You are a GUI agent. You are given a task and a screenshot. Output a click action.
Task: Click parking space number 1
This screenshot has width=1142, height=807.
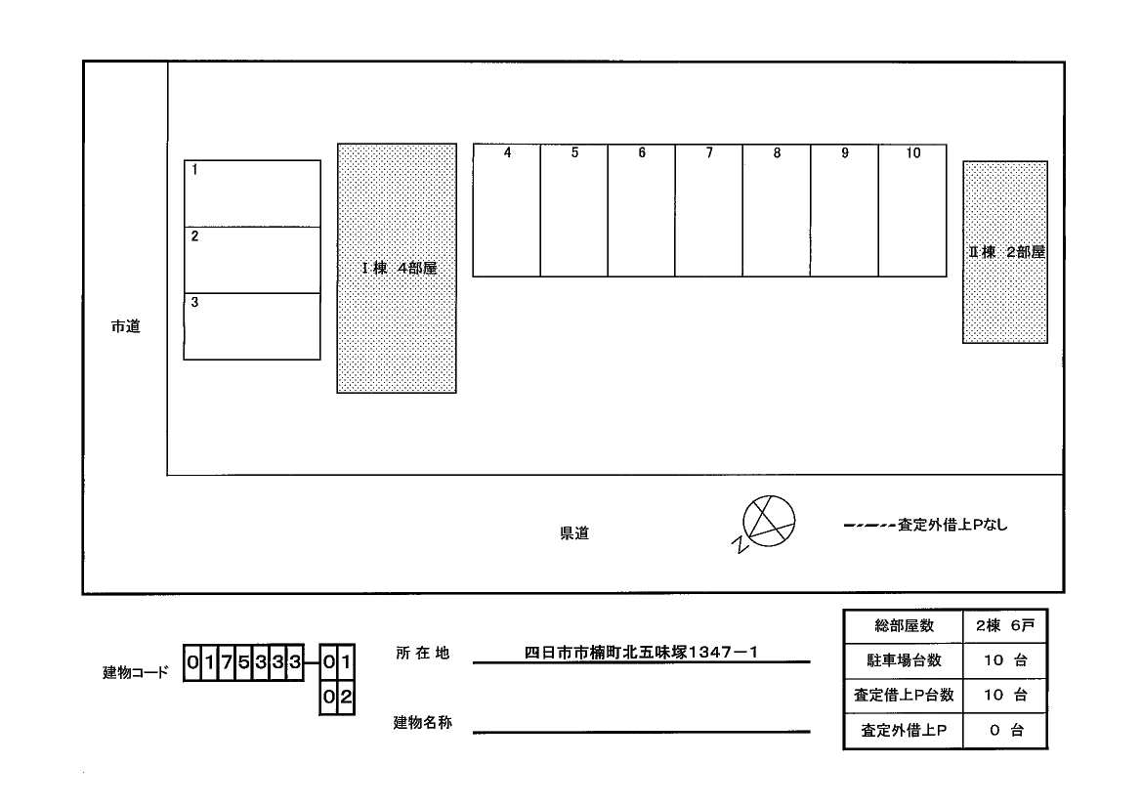coord(252,193)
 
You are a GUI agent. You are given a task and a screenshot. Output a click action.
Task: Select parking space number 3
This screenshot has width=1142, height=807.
coord(252,326)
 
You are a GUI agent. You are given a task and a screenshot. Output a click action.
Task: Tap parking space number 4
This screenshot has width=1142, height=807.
coord(507,210)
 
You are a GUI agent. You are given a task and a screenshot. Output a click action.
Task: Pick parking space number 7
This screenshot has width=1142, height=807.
coord(708,210)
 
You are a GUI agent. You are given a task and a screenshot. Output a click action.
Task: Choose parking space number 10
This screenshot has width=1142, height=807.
coord(912,210)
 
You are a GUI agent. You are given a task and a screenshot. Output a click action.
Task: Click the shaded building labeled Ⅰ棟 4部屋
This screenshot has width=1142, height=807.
coord(397,269)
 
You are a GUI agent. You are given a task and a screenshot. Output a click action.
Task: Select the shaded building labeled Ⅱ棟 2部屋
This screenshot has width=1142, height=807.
coord(1005,252)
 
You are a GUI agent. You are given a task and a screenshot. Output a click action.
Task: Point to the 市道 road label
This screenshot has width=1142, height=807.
coord(125,327)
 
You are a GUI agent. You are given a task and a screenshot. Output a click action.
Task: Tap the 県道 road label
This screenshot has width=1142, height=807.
coord(574,533)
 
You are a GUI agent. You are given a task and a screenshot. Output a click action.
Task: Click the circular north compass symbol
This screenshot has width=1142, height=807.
coord(769,520)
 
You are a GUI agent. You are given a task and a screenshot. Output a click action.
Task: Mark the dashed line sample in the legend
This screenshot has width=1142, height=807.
coord(868,526)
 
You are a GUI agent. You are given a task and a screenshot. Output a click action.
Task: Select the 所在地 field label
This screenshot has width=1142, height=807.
coord(423,653)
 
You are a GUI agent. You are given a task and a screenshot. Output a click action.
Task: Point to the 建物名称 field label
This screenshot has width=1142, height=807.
coord(423,723)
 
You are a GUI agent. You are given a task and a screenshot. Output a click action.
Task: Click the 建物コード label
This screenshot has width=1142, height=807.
coord(136,672)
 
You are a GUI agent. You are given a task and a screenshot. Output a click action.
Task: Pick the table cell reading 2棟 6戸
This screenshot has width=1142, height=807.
coord(1004,625)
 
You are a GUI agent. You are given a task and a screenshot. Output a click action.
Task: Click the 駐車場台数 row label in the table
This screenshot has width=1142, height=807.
coord(904,660)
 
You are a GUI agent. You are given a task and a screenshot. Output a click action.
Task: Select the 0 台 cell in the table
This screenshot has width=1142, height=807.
coord(1004,730)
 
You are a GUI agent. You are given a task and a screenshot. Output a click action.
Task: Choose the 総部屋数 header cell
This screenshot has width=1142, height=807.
coord(904,625)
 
